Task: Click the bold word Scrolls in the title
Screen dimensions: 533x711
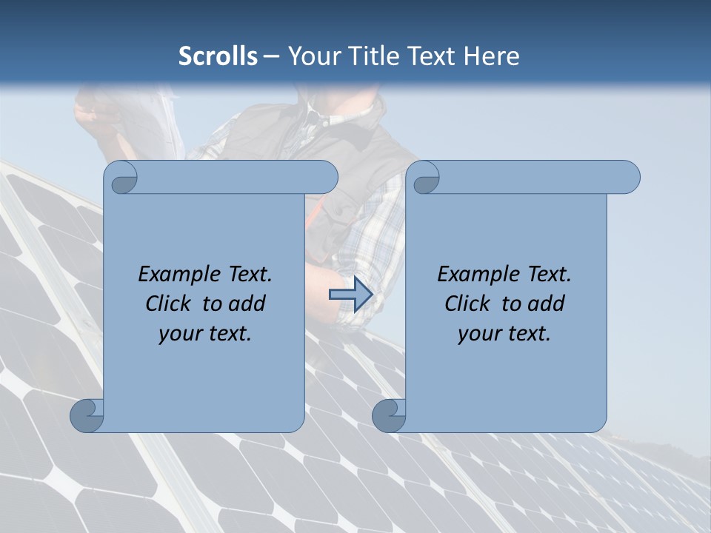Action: point(218,56)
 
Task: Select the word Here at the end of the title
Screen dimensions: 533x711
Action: point(491,56)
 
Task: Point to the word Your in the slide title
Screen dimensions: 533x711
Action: point(312,56)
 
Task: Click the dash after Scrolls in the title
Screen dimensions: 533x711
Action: point(271,57)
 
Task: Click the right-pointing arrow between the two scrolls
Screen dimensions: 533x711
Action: point(350,295)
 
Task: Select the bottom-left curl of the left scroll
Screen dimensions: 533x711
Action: point(86,416)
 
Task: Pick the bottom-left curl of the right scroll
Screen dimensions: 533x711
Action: point(388,416)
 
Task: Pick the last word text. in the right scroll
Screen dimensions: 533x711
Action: point(528,334)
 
